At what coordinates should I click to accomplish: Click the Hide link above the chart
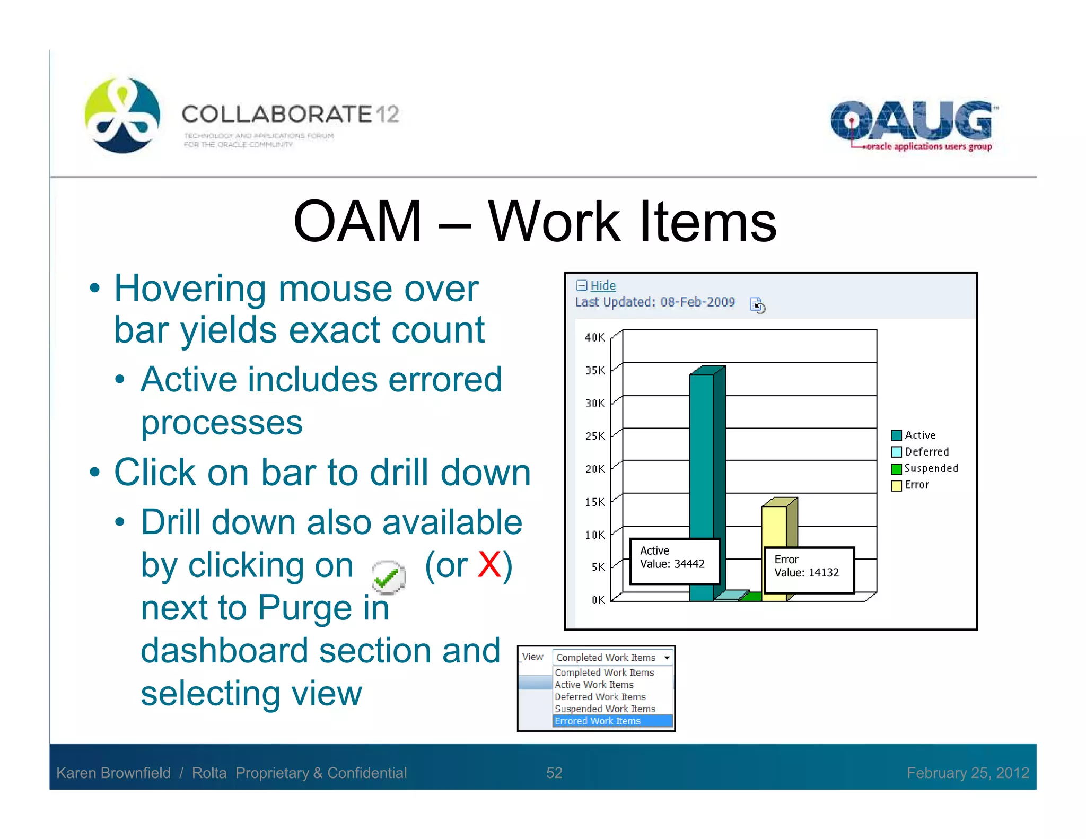[x=602, y=285]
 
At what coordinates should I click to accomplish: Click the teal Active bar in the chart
[x=702, y=456]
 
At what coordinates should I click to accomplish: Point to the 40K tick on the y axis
[x=594, y=337]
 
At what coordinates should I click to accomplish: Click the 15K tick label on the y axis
[x=594, y=502]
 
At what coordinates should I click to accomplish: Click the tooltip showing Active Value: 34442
[x=674, y=562]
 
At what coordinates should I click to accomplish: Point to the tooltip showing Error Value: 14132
[x=809, y=570]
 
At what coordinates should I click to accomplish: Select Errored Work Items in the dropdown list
[x=598, y=721]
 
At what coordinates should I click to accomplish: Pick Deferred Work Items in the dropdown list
[x=600, y=697]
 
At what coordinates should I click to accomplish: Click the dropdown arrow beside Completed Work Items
[x=667, y=658]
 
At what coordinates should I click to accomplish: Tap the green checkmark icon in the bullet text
[x=388, y=577]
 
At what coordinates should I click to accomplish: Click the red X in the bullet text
[x=488, y=565]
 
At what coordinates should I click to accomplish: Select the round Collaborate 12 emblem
[x=122, y=115]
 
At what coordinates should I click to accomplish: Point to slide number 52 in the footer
[x=554, y=773]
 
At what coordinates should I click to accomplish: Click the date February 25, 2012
[x=967, y=773]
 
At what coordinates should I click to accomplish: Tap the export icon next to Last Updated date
[x=757, y=305]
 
